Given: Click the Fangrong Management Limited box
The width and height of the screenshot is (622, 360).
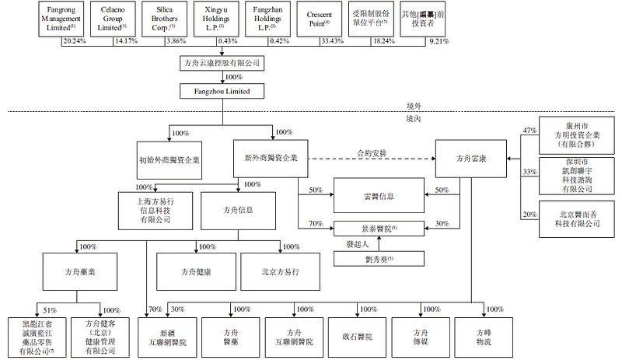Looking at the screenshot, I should coord(60,19).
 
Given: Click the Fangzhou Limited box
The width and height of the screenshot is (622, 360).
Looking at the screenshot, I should coord(222,92).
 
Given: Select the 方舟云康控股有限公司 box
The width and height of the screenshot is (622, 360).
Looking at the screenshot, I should coord(222,61).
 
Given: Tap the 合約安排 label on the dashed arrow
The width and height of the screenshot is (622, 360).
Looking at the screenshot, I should coord(372,153).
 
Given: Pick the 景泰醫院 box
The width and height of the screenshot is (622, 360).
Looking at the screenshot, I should coord(379,229).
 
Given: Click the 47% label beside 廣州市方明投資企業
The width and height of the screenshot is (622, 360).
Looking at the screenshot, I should coord(530,131).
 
